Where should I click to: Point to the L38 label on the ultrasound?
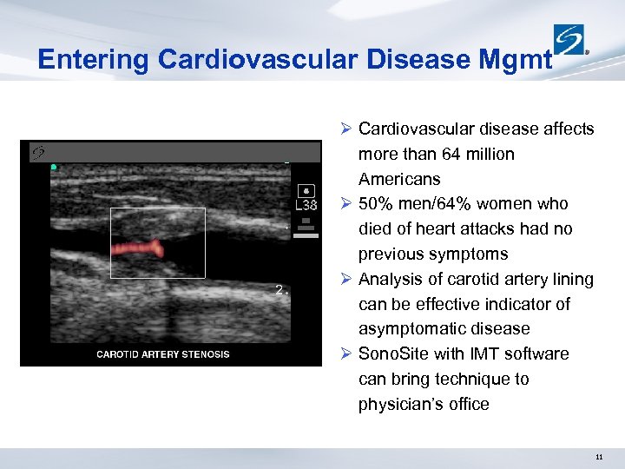(306, 206)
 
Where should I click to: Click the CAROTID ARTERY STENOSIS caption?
(163, 354)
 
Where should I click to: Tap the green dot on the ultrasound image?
(54, 167)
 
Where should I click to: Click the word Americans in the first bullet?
(399, 179)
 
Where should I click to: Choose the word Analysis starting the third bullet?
(388, 280)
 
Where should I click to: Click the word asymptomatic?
(414, 329)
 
